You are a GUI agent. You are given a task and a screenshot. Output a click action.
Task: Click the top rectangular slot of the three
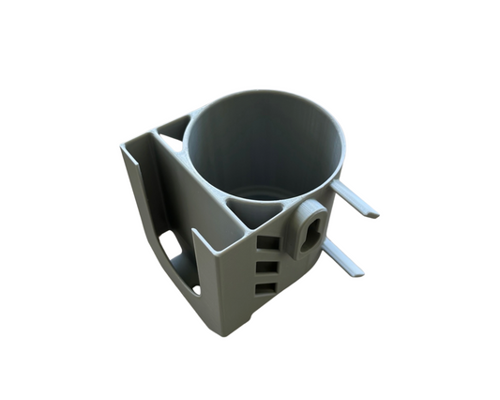267,243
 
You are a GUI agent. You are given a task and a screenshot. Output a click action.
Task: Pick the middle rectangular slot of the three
267,266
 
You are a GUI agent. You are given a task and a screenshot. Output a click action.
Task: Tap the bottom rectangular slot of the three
266,287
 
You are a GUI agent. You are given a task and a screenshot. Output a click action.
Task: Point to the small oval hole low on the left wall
195,290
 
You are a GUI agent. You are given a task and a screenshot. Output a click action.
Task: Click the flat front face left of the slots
230,282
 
